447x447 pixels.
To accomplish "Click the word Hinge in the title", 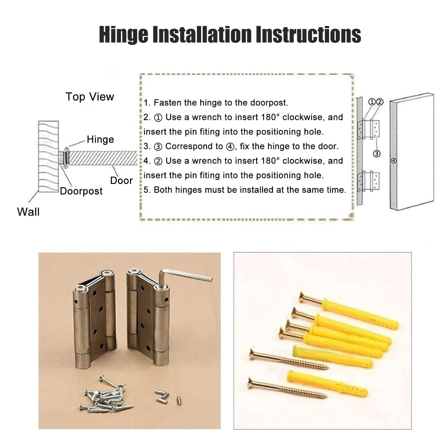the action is [124, 35].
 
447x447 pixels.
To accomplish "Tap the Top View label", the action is [90, 97].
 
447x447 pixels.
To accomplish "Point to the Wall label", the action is [28, 212].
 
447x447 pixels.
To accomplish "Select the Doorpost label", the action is [81, 191].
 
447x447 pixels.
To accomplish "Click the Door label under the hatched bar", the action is [121, 180].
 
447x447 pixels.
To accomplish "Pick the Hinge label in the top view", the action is [100, 139].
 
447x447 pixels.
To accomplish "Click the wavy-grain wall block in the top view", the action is [48, 156].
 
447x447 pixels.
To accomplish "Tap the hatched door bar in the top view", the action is [103, 158].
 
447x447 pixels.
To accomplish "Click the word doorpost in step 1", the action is [269, 103].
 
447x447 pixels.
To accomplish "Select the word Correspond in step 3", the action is [194, 146].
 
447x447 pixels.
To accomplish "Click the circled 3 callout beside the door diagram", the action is [377, 154].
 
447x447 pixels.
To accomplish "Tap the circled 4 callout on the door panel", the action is [394, 161].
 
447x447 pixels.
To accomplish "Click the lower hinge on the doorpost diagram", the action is [369, 181].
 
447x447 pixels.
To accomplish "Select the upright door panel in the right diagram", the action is [412, 152].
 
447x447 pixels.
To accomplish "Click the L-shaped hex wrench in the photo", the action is [182, 277].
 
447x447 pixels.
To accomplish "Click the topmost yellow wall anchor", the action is [361, 312].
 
